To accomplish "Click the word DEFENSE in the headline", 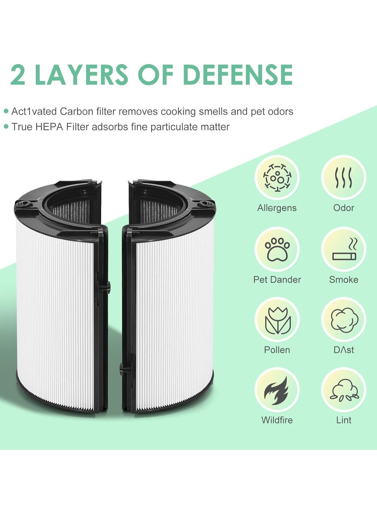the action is [x=238, y=74].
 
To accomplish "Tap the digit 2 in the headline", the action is [x=18, y=74].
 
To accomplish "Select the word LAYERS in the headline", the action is [x=81, y=74].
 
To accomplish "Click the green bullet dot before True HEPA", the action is [x=6, y=127].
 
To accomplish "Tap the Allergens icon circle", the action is [x=277, y=178].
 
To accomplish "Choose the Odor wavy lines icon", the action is [x=344, y=178].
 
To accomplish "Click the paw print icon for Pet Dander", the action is [x=277, y=249].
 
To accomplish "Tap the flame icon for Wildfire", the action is [x=276, y=391].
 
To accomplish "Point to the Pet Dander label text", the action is [x=277, y=279].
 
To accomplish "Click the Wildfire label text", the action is [x=277, y=420].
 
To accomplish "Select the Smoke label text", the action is [x=344, y=279].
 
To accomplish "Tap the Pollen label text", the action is [x=277, y=350].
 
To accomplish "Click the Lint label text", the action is [x=344, y=420].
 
